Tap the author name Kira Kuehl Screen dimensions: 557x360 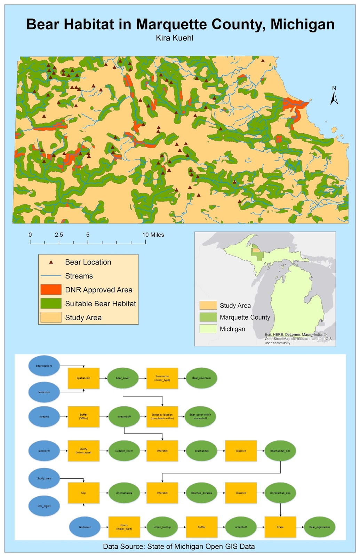(175, 38)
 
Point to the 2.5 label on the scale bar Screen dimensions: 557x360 (59, 235)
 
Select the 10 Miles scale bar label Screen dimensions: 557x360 (153, 235)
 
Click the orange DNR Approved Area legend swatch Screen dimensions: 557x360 (51, 290)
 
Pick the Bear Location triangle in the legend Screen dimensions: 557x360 (51, 262)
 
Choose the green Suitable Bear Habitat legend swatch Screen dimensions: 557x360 (51, 304)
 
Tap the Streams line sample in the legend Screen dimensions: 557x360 (51, 276)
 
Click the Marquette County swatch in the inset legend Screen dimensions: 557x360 (208, 317)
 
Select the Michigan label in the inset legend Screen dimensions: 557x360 (232, 329)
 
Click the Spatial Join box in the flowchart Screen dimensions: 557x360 (83, 378)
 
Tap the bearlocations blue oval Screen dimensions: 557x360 (44, 366)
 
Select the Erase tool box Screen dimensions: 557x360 (280, 527)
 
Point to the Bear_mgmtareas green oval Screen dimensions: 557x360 (320, 527)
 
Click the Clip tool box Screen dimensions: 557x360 (83, 493)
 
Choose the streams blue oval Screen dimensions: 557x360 (44, 417)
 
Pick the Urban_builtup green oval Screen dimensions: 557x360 (162, 527)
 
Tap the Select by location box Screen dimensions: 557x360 (162, 417)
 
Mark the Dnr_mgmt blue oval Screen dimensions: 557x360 (44, 506)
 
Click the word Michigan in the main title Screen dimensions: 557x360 (302, 24)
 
